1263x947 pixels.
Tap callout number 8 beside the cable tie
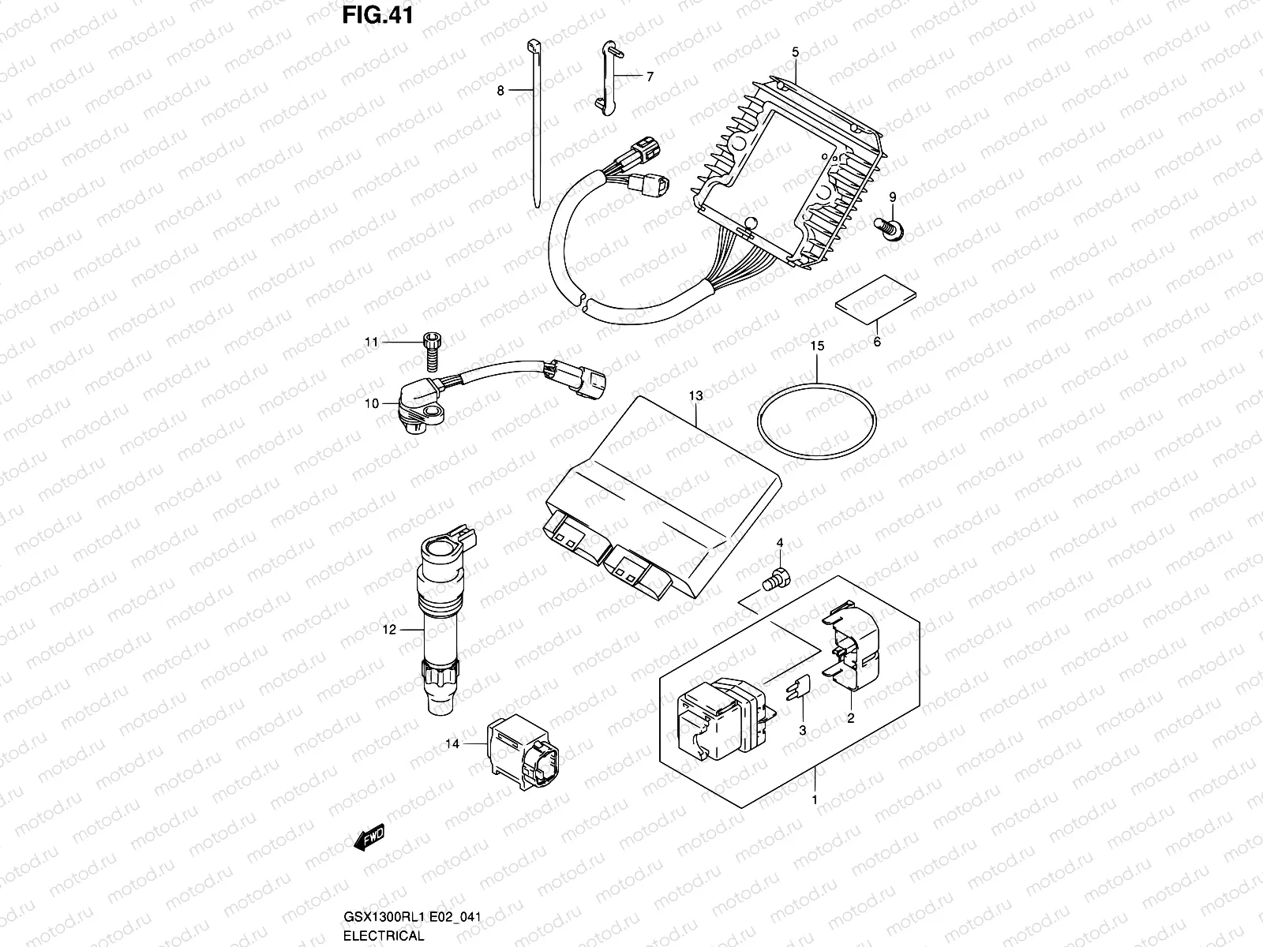pyautogui.click(x=500, y=91)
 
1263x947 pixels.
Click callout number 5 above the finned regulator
pyautogui.click(x=796, y=52)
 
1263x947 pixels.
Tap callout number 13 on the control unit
pyautogui.click(x=695, y=394)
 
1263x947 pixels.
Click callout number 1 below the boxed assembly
pyautogui.click(x=815, y=799)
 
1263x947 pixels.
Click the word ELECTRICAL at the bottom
pyautogui.click(x=384, y=936)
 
